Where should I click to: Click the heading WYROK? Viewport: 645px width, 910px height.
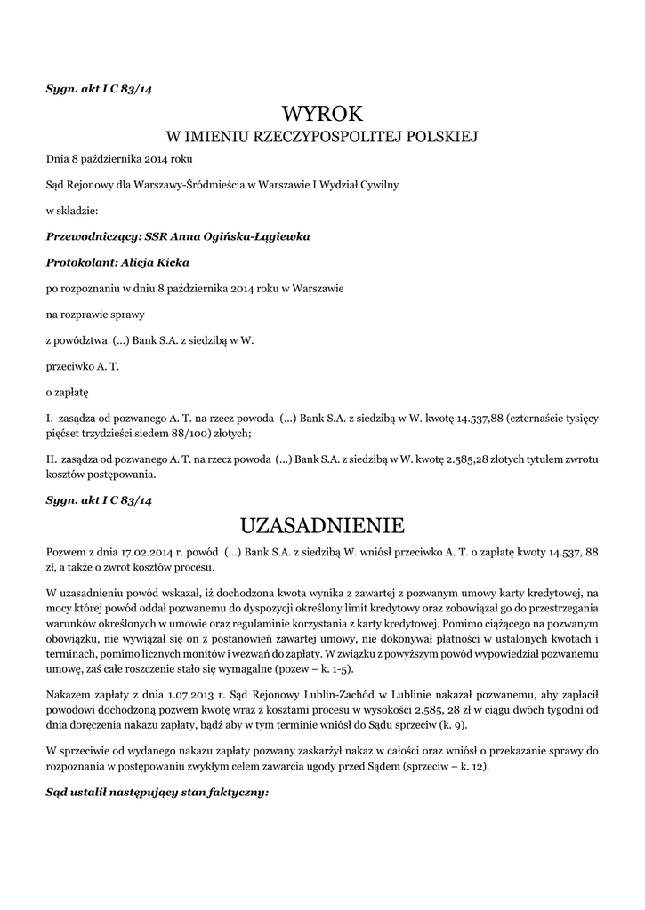tap(322, 114)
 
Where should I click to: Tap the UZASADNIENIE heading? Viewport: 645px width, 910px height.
tap(322, 523)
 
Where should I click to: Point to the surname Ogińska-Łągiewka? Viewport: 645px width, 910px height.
tap(254, 237)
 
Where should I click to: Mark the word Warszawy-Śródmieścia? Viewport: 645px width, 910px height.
tap(184, 185)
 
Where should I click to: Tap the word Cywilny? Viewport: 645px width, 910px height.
tap(378, 185)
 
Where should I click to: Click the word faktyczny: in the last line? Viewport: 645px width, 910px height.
tap(235, 792)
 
